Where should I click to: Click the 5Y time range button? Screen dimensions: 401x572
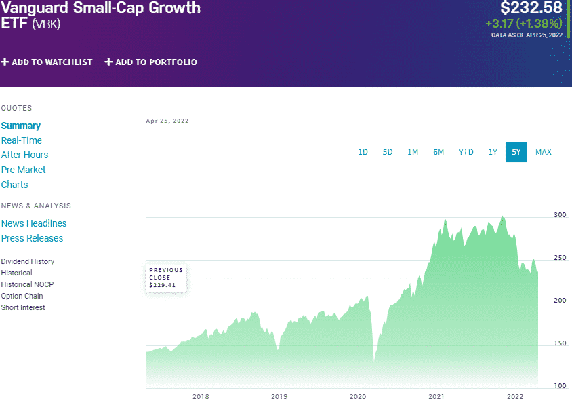[x=516, y=152]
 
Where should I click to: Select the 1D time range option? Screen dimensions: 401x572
[x=363, y=152]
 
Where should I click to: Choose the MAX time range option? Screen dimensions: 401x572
[x=543, y=152]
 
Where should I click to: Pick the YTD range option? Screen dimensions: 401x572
[x=466, y=152]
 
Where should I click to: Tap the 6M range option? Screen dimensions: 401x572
[x=438, y=152]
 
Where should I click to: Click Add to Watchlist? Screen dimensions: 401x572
[x=47, y=62]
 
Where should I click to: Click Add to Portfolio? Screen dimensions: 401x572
[x=150, y=62]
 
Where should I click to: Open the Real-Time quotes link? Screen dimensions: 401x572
[x=22, y=140]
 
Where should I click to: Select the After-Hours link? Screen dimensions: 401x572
[x=24, y=155]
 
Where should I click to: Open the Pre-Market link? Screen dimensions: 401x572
[x=24, y=170]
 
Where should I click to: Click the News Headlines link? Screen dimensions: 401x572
[x=34, y=223]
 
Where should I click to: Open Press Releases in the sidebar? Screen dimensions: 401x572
[x=32, y=238]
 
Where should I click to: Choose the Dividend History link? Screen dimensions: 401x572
[x=28, y=261]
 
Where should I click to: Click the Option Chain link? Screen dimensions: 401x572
[x=22, y=296]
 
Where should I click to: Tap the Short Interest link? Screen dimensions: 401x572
[x=23, y=307]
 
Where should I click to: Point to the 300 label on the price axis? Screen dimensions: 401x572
[x=560, y=214]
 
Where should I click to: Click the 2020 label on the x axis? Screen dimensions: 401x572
[x=357, y=396]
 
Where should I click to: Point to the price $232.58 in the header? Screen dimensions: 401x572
[x=531, y=8]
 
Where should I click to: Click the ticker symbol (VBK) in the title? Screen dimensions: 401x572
[x=47, y=25]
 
